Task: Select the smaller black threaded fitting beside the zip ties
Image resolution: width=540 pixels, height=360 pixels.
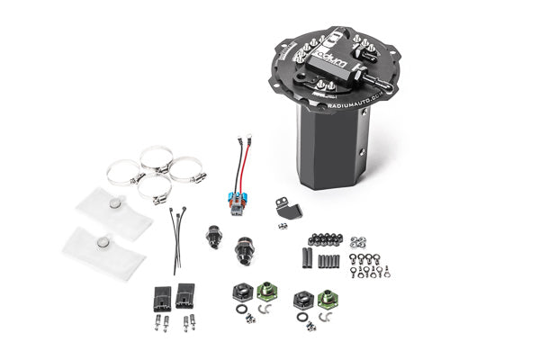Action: pos(213,236)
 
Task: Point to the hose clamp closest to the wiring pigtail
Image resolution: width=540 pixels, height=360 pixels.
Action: pos(188,168)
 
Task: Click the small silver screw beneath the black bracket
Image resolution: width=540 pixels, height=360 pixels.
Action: pos(282,226)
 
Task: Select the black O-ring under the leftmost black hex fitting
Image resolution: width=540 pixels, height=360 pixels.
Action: pos(240,309)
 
